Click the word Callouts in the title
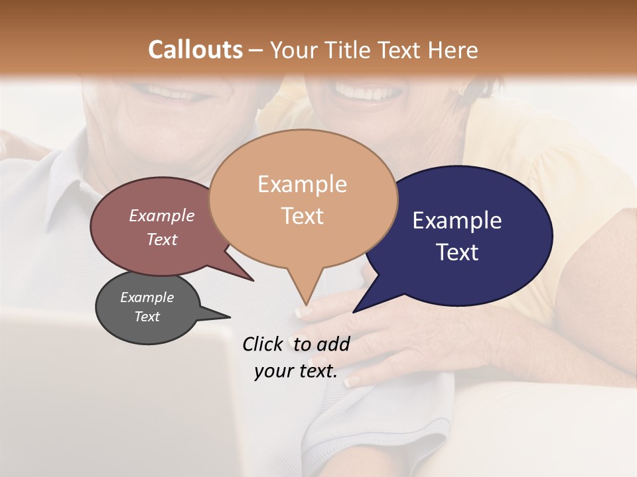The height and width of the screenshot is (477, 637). click(195, 50)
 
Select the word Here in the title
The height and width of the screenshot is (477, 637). click(452, 50)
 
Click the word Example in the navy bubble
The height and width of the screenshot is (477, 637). click(457, 221)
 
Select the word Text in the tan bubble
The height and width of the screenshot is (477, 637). click(302, 216)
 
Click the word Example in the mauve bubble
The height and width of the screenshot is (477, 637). click(161, 215)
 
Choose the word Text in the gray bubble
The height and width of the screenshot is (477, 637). click(147, 317)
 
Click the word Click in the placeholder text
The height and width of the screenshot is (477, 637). click(263, 344)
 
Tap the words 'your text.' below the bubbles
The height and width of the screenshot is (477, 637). click(295, 372)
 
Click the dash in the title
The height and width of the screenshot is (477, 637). click(257, 50)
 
